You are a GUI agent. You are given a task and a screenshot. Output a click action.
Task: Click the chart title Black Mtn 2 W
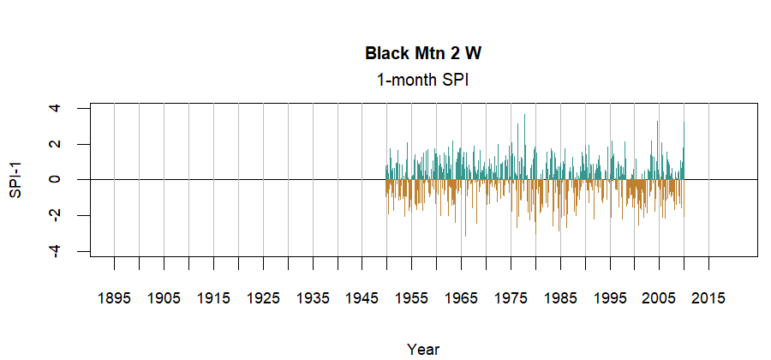tap(423, 54)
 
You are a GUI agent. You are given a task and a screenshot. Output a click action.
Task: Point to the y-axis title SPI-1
tap(15, 179)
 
